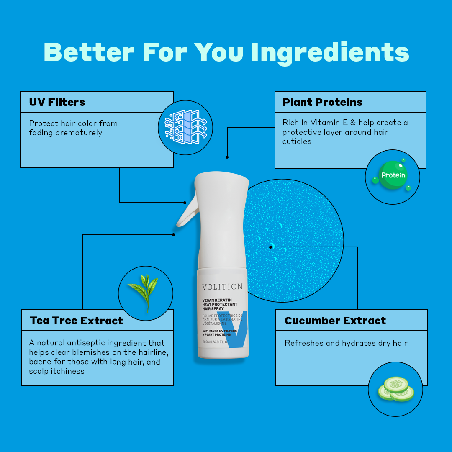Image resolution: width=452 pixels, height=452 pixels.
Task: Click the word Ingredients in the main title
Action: coord(330,53)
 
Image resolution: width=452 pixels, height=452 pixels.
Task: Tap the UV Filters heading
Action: coord(57,102)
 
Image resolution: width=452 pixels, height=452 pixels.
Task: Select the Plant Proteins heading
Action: coord(322,102)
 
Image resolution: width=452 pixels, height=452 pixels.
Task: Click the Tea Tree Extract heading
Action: coord(77,321)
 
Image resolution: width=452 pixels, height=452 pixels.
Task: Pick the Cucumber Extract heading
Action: coord(335,321)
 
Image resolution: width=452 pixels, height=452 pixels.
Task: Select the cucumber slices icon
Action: coord(396,389)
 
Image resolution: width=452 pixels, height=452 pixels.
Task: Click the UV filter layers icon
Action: coord(186,127)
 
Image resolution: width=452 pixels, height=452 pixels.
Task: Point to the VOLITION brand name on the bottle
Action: coord(222,287)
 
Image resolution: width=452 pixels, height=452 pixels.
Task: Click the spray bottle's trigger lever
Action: coord(188,212)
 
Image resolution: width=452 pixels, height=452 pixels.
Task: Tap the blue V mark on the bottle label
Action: coord(235,329)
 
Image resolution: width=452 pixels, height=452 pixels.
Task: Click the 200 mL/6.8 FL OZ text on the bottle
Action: coord(216,342)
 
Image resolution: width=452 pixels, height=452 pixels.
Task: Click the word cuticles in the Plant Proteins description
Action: coord(297,141)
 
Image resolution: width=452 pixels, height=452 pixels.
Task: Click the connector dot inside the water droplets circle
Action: coord(270,247)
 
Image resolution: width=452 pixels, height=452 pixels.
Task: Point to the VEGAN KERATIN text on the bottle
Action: coord(217,300)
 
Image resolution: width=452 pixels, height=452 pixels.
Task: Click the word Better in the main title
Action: coord(89,52)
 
